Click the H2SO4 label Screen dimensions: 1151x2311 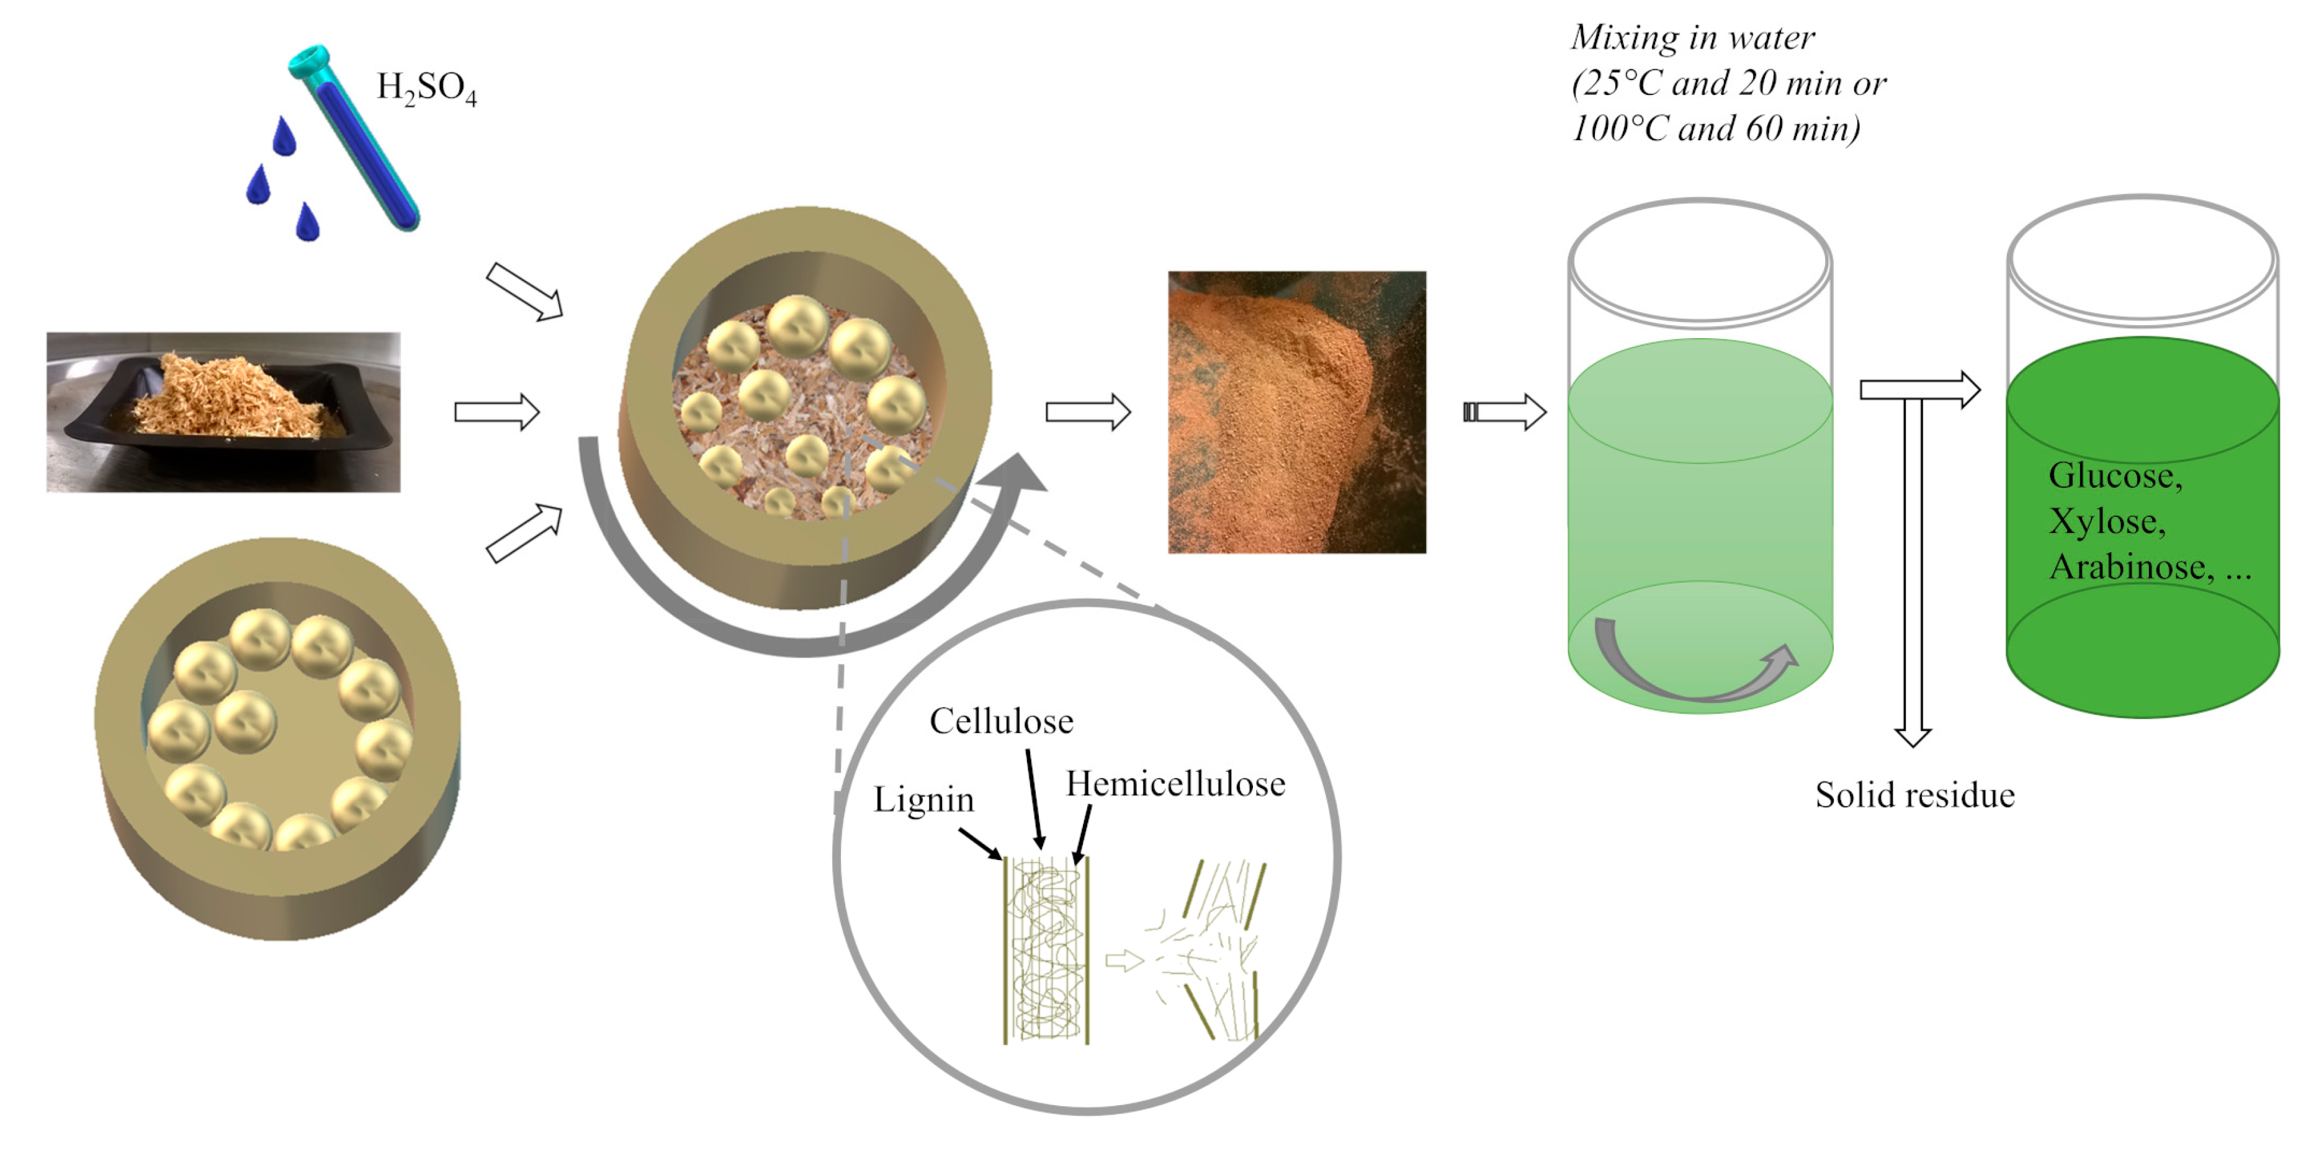(x=426, y=89)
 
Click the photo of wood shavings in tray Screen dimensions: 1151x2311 (x=223, y=412)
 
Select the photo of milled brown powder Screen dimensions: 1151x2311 (x=1296, y=412)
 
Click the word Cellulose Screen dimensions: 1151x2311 (x=1001, y=721)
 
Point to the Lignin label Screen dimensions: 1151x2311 (x=923, y=799)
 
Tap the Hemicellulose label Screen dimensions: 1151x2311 (x=1175, y=784)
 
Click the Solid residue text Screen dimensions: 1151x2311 (x=1914, y=795)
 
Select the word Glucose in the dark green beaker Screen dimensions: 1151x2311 (x=2114, y=475)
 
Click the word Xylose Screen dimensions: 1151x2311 (x=2106, y=521)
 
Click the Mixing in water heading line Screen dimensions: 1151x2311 (x=1692, y=38)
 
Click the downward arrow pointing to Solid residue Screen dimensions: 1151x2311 (x=1913, y=574)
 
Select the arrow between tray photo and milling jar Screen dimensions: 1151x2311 (x=496, y=412)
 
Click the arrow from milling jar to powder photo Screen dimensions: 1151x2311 (x=1087, y=412)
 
